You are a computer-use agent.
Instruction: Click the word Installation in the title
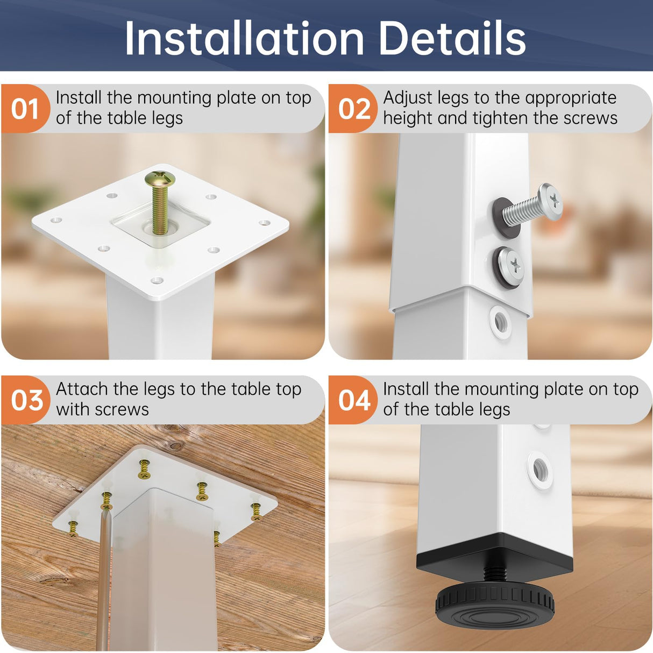[x=245, y=39]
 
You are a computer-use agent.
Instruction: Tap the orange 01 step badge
[x=25, y=109]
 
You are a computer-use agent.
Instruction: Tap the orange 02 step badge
[x=354, y=109]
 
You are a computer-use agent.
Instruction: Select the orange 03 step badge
[x=26, y=401]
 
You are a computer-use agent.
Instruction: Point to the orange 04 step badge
[x=354, y=401]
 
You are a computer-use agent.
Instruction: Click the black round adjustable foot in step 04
[x=495, y=605]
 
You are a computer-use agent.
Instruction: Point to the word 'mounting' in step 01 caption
[x=174, y=98]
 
